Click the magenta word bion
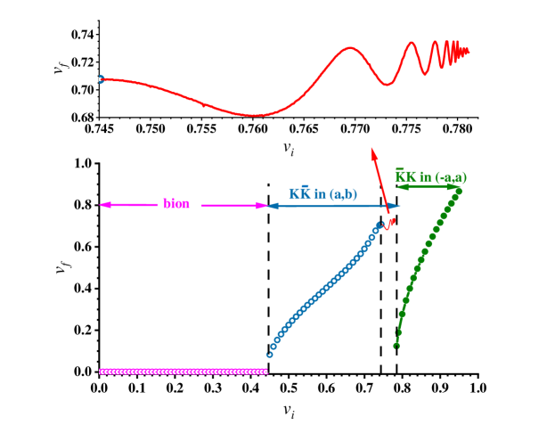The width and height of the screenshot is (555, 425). [x=176, y=204]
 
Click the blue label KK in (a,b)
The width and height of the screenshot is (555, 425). [x=322, y=193]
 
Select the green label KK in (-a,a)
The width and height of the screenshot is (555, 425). [x=430, y=177]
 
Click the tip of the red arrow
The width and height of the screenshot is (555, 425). [x=372, y=150]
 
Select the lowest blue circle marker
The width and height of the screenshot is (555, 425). [x=269, y=355]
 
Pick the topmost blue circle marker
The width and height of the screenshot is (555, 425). [x=377, y=226]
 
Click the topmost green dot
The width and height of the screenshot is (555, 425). [x=458, y=190]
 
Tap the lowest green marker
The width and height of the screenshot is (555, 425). [x=396, y=345]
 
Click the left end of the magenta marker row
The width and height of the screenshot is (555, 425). [x=101, y=372]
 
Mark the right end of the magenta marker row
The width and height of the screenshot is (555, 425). [x=265, y=372]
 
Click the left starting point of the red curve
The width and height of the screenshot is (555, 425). [x=102, y=79]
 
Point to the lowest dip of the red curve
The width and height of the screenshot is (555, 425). [x=255, y=115]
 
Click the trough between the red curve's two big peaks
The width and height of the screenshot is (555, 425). [x=386, y=85]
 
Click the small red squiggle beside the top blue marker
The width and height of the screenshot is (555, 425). [x=388, y=222]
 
